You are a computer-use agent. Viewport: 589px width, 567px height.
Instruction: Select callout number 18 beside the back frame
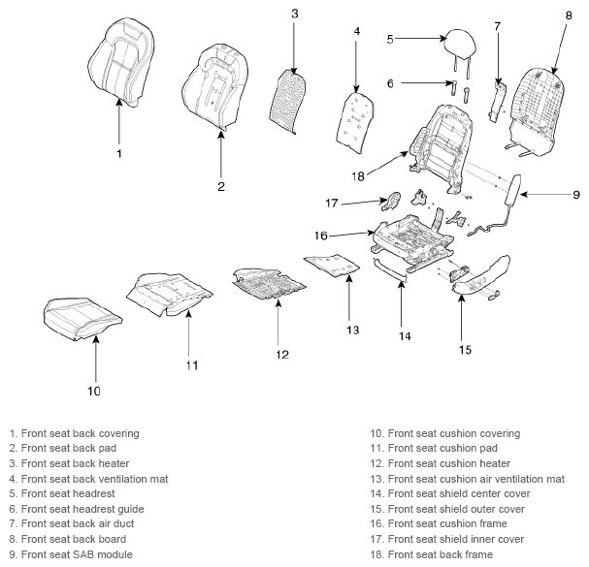pos(358,176)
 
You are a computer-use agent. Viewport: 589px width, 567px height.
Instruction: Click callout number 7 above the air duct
pos(498,26)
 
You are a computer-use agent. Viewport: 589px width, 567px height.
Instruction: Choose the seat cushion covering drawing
pos(82,319)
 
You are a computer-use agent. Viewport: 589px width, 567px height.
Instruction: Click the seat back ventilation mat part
pos(355,122)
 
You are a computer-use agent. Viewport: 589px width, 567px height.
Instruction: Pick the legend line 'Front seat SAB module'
pos(71,554)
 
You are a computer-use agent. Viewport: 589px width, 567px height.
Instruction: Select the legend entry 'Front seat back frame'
pos(431,554)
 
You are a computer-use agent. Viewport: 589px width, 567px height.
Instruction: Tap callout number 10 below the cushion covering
pos(94,391)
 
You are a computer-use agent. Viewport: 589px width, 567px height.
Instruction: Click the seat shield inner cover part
pos(391,200)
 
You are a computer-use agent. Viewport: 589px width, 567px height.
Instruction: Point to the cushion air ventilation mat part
pos(332,265)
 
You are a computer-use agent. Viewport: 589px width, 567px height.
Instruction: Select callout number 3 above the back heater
pos(295,14)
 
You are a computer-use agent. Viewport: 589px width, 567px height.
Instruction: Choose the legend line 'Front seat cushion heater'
pos(441,463)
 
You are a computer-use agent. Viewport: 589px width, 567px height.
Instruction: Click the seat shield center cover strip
pos(389,269)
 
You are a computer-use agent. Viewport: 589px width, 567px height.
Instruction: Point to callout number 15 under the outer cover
pos(465,350)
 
